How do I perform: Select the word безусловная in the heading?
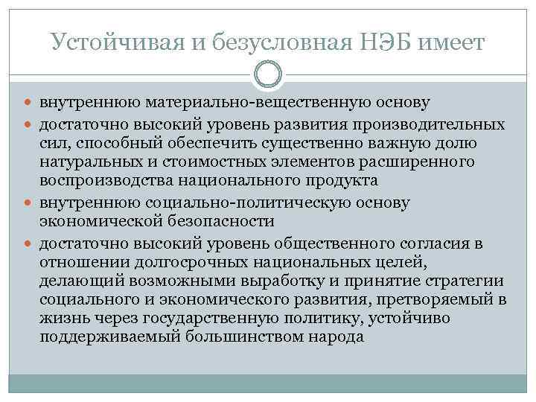click(x=271, y=44)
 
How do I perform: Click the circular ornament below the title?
click(x=268, y=74)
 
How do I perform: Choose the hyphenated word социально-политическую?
click(x=276, y=202)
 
